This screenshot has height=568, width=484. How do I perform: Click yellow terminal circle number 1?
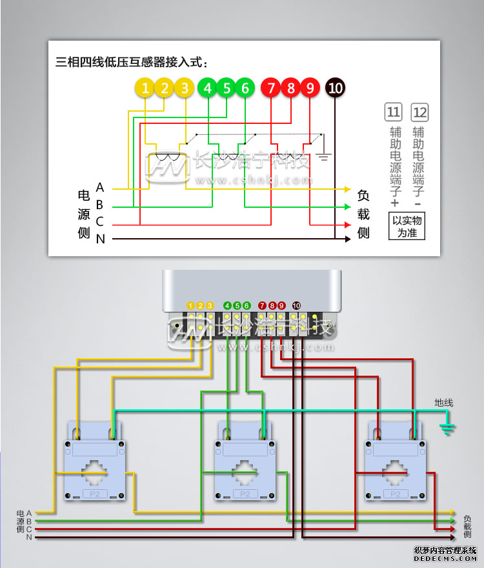coord(146,88)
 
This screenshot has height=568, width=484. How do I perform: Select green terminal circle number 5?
coord(226,88)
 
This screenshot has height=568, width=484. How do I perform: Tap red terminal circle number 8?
coord(291,88)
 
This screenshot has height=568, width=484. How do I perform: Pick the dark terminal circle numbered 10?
coord(335,88)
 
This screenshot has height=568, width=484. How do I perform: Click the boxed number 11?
coord(393,112)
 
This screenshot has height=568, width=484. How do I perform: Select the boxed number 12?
coord(419,112)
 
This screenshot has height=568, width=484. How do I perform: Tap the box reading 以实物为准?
coord(407,226)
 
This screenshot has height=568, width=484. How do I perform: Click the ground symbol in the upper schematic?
coord(324,156)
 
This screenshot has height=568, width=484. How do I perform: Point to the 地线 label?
coord(444,403)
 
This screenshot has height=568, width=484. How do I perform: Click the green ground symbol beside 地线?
coord(447,427)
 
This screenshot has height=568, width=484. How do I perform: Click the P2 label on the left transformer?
coord(95,494)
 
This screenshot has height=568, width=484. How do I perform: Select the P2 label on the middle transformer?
coord(245,494)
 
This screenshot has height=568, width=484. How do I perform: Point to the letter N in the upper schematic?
coord(100,239)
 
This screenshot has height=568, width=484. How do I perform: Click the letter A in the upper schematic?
coord(100,188)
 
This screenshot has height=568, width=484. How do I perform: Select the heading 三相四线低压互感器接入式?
coord(132,63)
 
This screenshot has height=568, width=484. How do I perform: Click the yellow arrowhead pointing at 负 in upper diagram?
coord(347,189)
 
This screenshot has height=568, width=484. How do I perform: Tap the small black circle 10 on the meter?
coord(297,305)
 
